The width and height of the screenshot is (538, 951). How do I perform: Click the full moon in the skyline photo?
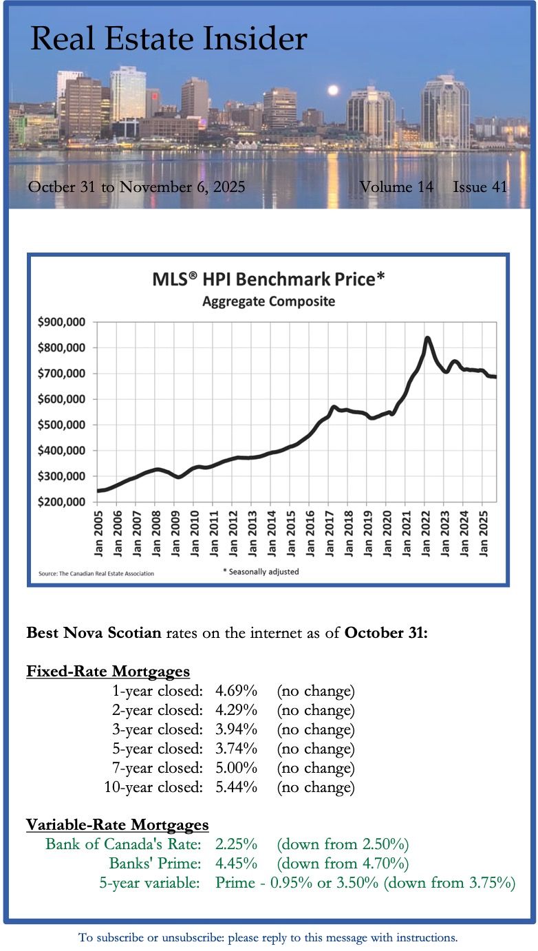point(334,90)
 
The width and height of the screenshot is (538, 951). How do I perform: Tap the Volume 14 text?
point(396,187)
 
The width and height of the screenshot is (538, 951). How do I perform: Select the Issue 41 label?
point(480,187)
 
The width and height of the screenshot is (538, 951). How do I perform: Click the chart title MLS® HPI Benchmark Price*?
point(268,281)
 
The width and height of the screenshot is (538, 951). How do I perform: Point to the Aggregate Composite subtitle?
point(268,301)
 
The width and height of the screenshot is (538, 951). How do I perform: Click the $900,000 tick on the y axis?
point(66,322)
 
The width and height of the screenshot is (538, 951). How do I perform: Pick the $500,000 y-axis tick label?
point(66,425)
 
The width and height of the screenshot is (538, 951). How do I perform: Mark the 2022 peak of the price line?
point(427,338)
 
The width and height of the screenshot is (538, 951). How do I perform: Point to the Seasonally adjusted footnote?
point(261,572)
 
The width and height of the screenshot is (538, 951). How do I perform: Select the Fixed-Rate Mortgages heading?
point(108,671)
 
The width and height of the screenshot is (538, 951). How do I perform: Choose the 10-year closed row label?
point(153,787)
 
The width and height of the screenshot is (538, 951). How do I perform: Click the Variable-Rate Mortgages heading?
point(118,824)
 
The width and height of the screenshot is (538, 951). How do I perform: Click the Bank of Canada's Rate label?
point(123,844)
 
